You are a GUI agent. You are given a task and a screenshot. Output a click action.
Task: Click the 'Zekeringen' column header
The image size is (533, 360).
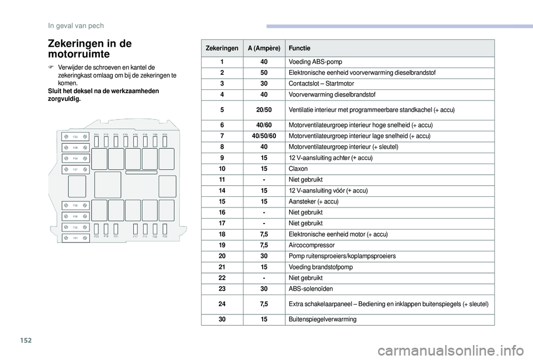(222, 48)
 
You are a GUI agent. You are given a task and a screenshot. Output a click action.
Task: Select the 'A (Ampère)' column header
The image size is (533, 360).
(264, 48)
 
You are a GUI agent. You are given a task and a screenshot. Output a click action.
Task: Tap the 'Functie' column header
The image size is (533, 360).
(300, 48)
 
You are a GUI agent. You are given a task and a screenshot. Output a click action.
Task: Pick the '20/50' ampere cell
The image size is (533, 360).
(264, 110)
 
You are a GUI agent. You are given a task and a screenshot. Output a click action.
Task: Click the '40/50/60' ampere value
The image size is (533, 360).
(264, 136)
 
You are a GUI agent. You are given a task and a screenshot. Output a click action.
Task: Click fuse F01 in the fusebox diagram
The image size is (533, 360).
(74, 238)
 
